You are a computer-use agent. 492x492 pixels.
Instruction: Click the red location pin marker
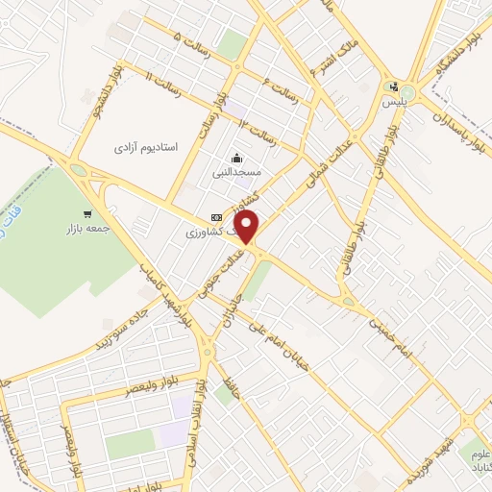pyautogui.click(x=248, y=227)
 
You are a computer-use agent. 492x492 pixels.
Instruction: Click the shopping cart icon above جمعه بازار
pyautogui.click(x=88, y=214)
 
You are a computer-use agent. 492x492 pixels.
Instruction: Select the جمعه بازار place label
pyautogui.click(x=80, y=232)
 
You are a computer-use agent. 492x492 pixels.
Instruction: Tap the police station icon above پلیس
pyautogui.click(x=391, y=86)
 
